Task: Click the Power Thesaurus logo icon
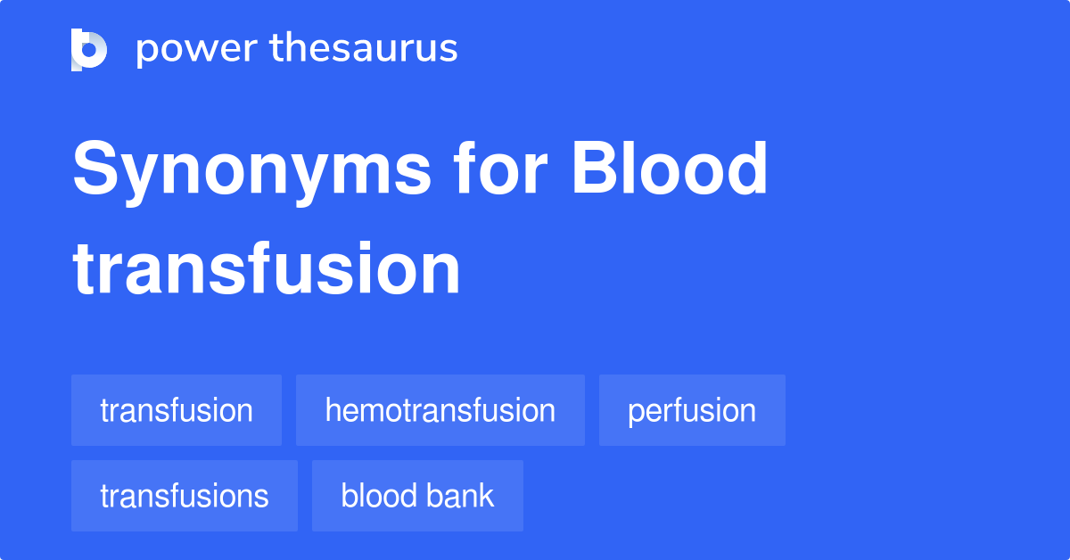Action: pyautogui.click(x=89, y=49)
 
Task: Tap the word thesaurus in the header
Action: pyautogui.click(x=364, y=49)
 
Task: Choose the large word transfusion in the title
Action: pyautogui.click(x=267, y=269)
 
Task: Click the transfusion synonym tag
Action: pyautogui.click(x=177, y=410)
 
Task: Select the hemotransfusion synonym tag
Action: pyautogui.click(x=440, y=410)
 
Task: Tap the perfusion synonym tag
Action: pyautogui.click(x=692, y=410)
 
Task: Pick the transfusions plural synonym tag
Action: pyautogui.click(x=185, y=496)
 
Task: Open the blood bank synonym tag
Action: pyautogui.click(x=417, y=496)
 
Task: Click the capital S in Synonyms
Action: pyautogui.click(x=96, y=169)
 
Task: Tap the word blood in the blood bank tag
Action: pyautogui.click(x=377, y=496)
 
